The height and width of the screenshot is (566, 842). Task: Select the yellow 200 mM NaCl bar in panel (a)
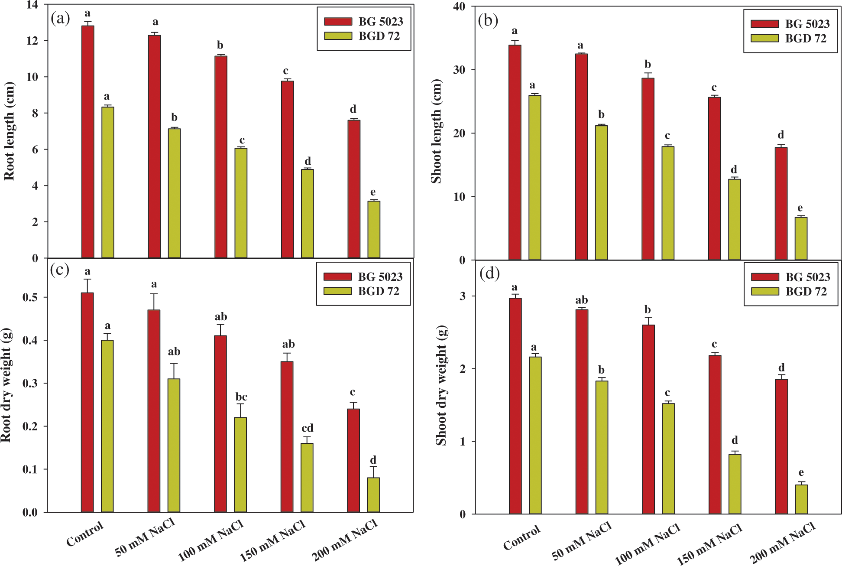(x=374, y=229)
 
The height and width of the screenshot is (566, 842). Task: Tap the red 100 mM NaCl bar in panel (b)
(x=648, y=169)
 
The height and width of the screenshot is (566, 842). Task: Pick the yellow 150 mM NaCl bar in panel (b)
(x=734, y=219)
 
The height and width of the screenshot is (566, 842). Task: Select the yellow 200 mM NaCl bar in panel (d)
(x=801, y=499)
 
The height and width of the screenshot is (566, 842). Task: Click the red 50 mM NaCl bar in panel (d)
(x=582, y=412)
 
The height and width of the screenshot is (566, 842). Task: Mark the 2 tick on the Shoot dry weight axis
(x=463, y=369)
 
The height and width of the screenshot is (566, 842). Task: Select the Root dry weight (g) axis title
(x=6, y=385)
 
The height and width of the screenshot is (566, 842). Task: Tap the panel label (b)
(x=488, y=20)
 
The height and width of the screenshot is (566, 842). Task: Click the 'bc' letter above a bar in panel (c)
(x=241, y=397)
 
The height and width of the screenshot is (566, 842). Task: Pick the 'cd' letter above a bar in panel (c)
(x=307, y=428)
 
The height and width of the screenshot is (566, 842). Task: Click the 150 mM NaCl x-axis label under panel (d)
(x=710, y=544)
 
